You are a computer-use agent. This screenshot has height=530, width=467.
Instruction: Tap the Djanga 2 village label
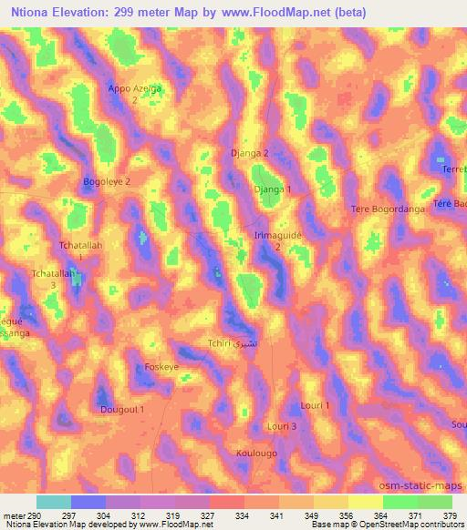pyautogui.click(x=250, y=154)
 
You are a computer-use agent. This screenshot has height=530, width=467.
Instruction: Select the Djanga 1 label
pyautogui.click(x=273, y=189)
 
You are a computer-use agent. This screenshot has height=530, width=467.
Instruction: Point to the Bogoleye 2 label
pyautogui.click(x=107, y=181)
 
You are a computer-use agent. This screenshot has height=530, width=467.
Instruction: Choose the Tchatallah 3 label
pyautogui.click(x=53, y=278)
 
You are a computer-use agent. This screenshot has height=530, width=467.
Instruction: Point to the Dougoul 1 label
pyautogui.click(x=122, y=410)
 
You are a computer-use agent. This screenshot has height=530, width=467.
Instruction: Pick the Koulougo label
pyautogui.click(x=256, y=453)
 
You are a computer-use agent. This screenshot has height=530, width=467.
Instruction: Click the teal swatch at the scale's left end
pyautogui.click(x=54, y=502)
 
